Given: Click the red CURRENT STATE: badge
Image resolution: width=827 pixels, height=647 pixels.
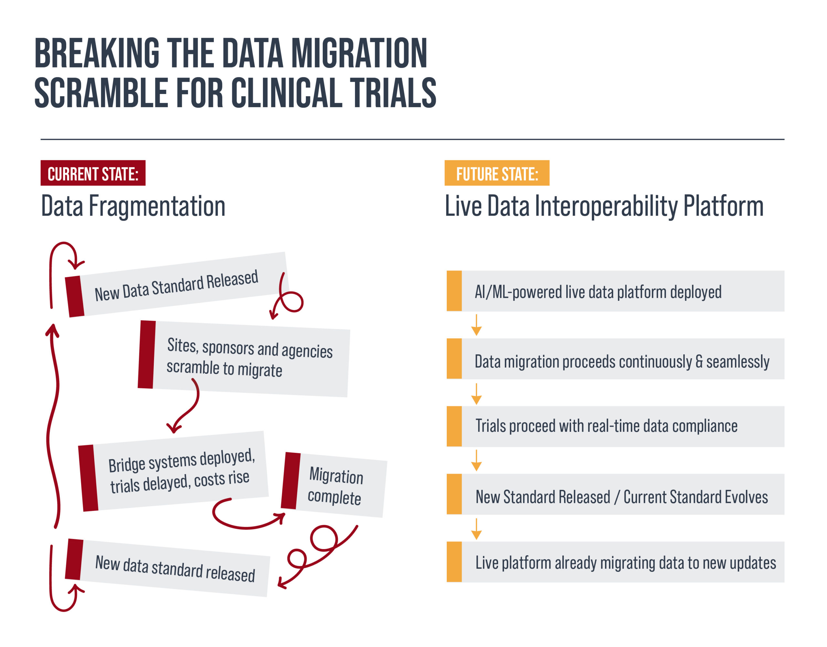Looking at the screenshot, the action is [93, 173].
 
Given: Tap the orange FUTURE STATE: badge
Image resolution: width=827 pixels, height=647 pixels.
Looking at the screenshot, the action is [497, 173].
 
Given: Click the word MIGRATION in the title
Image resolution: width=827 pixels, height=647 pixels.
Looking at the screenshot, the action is [359, 53].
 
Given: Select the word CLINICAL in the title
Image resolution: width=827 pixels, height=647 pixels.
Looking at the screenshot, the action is [287, 93].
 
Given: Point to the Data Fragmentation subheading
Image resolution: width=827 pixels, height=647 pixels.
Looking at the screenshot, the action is [133, 206].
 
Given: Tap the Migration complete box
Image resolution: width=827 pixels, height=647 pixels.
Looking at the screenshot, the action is [334, 485].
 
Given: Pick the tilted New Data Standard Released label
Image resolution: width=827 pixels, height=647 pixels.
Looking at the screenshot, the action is [176, 286].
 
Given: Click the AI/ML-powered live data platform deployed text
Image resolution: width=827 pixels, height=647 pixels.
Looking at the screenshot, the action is [598, 292].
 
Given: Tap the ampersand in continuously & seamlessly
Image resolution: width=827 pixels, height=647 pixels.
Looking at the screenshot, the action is [699, 361].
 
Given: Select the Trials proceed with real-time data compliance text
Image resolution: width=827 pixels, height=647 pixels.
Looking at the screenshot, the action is [606, 426].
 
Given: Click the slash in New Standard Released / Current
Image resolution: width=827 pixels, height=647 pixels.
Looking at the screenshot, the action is [617, 497].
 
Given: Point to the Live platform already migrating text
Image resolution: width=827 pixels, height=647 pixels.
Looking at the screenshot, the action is [625, 563].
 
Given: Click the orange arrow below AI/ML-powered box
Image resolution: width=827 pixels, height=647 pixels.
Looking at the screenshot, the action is [476, 325].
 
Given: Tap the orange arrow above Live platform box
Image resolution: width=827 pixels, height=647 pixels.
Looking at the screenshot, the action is [476, 529].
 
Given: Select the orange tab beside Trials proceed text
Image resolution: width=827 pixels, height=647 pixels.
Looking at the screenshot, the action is [454, 426].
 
